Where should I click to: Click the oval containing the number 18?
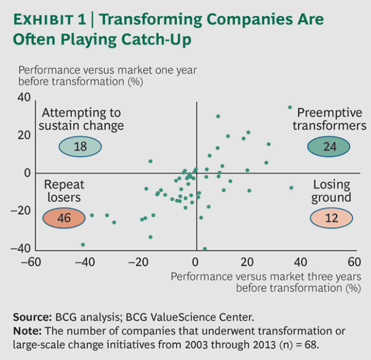[80, 147]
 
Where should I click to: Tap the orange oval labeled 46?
[64, 218]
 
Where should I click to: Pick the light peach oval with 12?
[331, 218]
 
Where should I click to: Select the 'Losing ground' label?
[331, 191]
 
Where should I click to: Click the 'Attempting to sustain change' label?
[80, 119]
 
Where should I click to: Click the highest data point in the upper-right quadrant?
[290, 107]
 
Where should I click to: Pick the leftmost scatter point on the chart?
[83, 244]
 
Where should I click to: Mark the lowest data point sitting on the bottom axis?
[205, 249]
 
